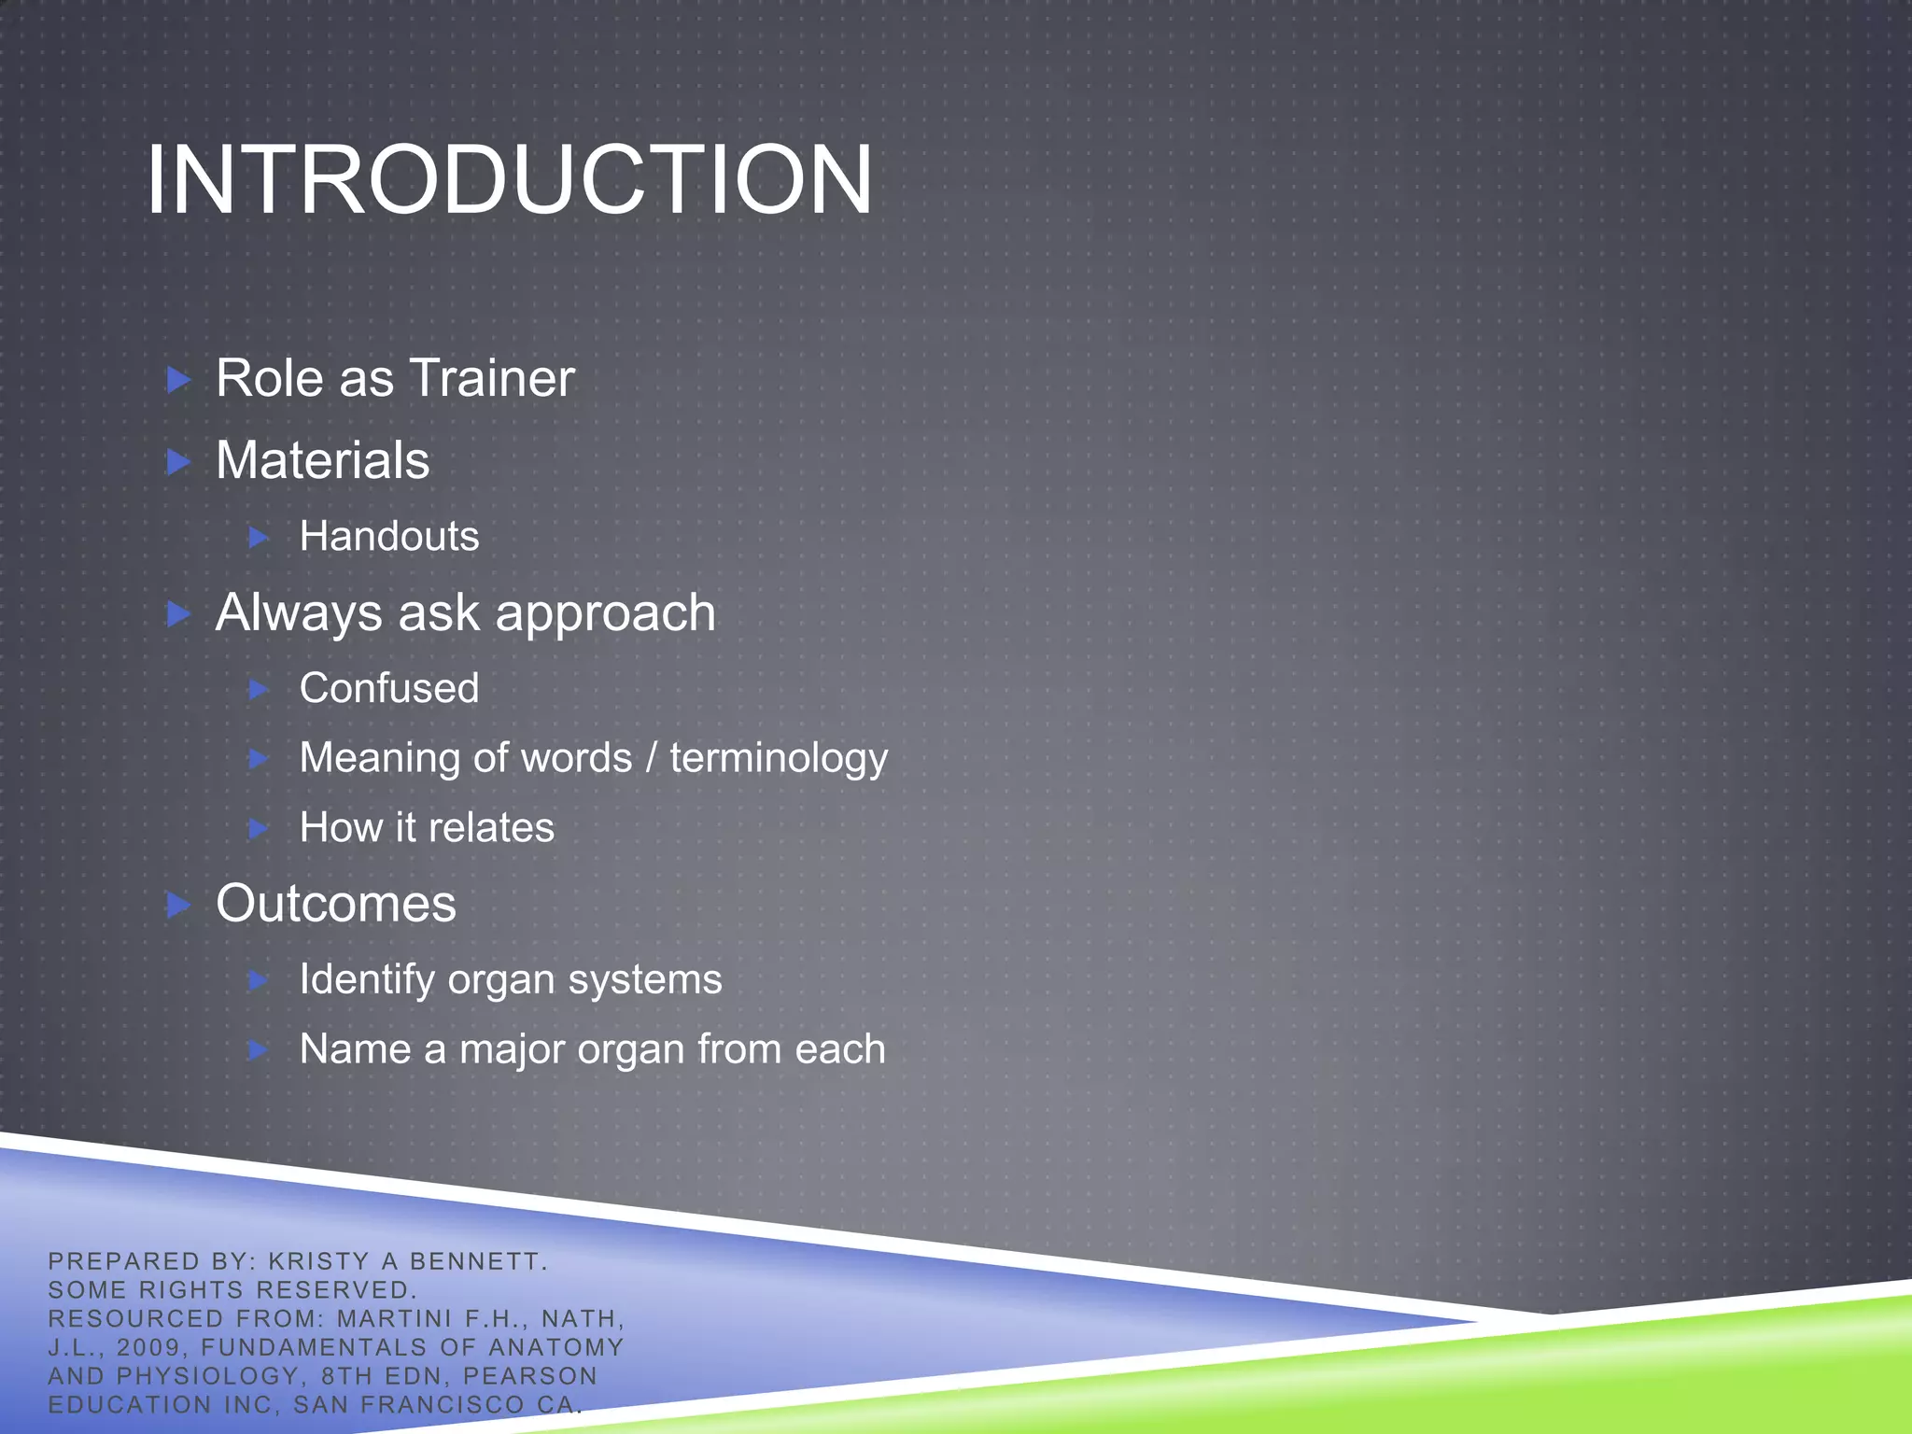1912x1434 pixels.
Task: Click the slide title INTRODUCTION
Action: [x=509, y=180]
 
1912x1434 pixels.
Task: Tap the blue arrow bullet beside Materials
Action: [x=178, y=461]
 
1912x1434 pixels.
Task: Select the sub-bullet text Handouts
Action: [x=388, y=537]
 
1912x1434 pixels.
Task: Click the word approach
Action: [x=605, y=614]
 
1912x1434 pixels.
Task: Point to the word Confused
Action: [x=388, y=689]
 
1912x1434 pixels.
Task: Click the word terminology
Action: [x=779, y=758]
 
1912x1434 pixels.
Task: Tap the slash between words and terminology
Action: [x=651, y=758]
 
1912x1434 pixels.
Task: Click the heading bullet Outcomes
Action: [x=336, y=904]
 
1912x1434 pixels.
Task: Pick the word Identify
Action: [x=367, y=980]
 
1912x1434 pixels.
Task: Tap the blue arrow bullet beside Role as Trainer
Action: [x=178, y=379]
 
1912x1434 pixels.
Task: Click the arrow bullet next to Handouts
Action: [x=260, y=537]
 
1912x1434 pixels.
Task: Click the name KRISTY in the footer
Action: [x=318, y=1261]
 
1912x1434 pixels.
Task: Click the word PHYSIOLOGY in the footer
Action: [x=207, y=1376]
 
